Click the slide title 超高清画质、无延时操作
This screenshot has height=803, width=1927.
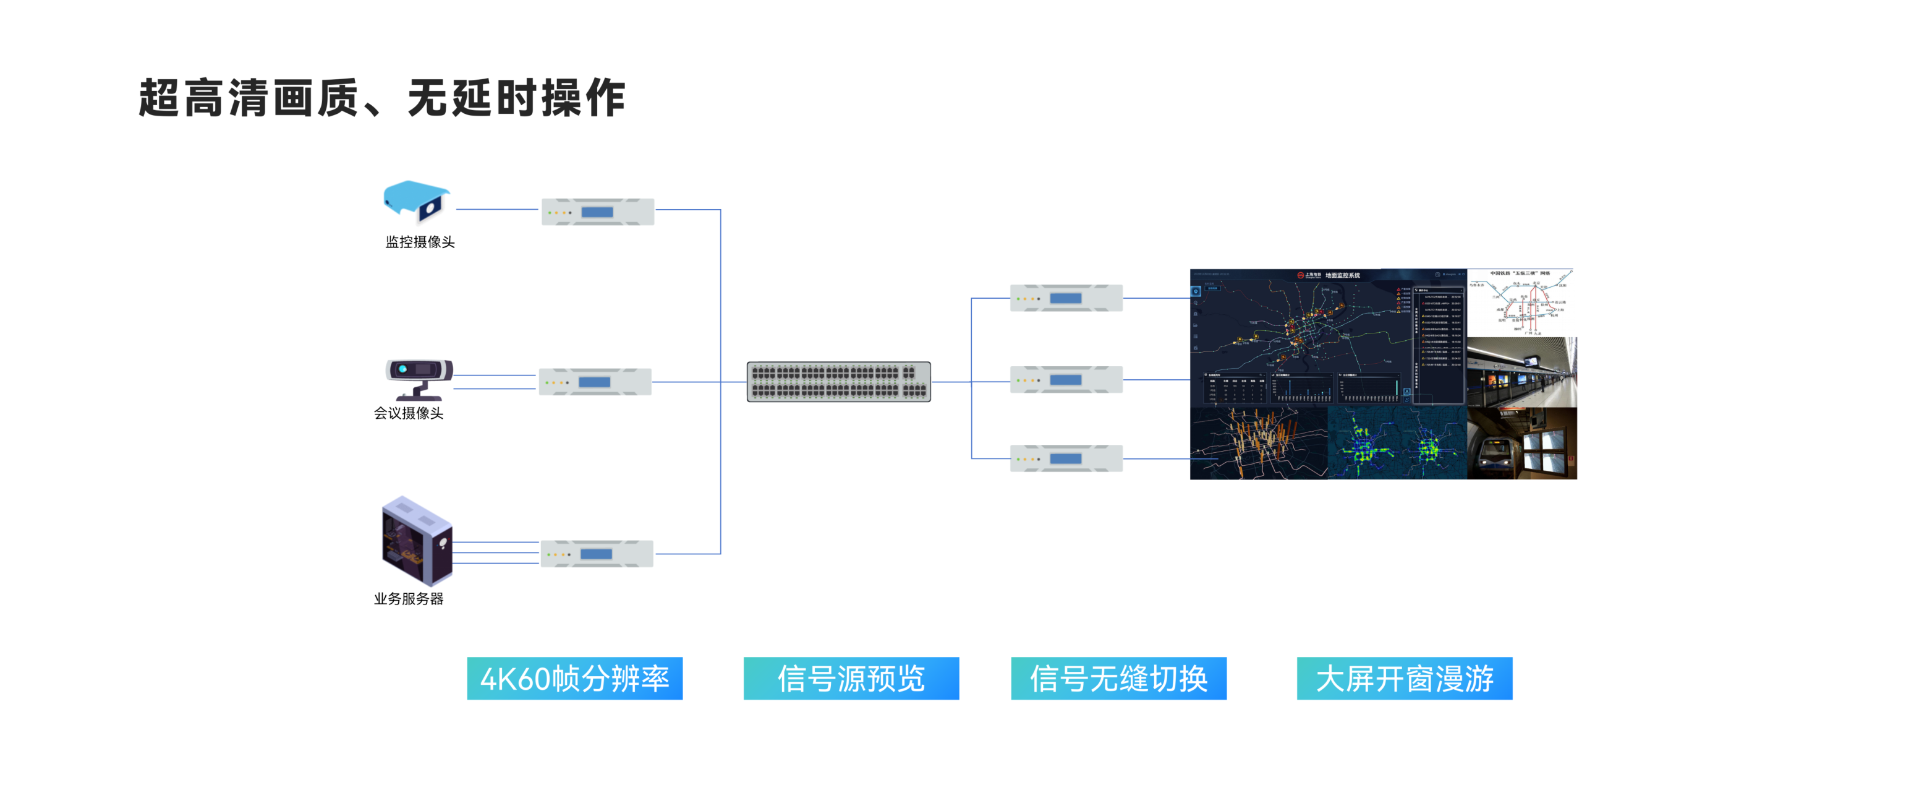(x=381, y=98)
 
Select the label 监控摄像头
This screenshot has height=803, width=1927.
(x=420, y=242)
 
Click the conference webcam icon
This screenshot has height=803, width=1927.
(x=419, y=379)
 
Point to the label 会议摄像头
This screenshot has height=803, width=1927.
(x=409, y=413)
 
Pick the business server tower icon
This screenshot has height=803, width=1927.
(x=417, y=540)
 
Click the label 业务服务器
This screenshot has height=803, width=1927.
(x=409, y=599)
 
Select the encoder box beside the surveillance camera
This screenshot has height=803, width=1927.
(x=598, y=212)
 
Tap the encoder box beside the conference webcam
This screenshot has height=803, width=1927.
(x=595, y=382)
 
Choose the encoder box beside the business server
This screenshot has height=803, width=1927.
(x=596, y=554)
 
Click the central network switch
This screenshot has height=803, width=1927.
(x=838, y=382)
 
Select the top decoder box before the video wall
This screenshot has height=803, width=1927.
(x=1066, y=298)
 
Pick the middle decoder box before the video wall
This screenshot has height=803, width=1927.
(x=1066, y=379)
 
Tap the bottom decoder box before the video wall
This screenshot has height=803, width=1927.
(x=1066, y=458)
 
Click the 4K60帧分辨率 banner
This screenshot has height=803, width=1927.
(x=574, y=678)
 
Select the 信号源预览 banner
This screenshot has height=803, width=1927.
(x=851, y=678)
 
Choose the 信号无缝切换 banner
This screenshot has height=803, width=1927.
(x=1118, y=678)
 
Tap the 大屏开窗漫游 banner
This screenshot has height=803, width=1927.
(x=1404, y=678)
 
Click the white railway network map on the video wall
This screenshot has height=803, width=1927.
(x=1521, y=303)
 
